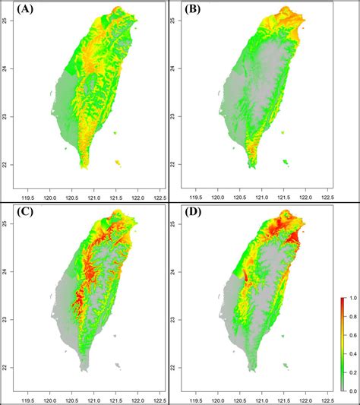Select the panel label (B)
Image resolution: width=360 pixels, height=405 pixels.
click(x=197, y=11)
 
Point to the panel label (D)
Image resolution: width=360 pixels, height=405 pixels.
click(x=197, y=214)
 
